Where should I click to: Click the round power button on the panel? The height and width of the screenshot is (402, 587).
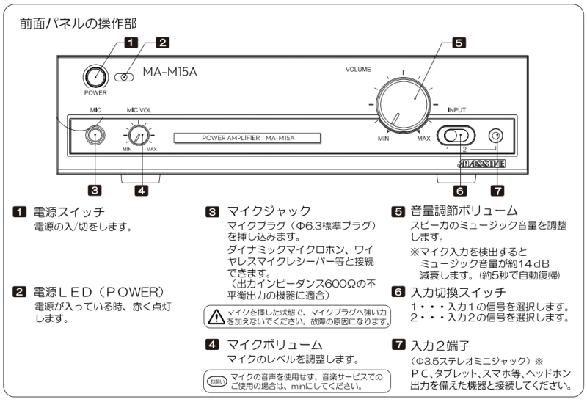[x=95, y=76]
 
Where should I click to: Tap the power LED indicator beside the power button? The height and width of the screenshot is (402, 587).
[x=128, y=76]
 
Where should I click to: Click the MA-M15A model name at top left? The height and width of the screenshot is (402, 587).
[x=169, y=72]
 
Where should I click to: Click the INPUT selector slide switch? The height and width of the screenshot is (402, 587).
[x=456, y=135]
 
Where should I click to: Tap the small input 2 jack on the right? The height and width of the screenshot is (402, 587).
[x=497, y=136]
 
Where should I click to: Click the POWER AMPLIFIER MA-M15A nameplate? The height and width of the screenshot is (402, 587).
[x=248, y=138]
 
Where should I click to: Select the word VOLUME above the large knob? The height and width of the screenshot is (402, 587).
[x=359, y=69]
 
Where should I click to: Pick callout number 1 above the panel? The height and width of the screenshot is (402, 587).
[x=131, y=43]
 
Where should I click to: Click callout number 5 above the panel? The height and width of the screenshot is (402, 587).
[x=458, y=43]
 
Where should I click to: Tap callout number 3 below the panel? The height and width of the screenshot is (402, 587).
[x=95, y=190]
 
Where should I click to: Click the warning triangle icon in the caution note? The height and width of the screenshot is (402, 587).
[x=216, y=316]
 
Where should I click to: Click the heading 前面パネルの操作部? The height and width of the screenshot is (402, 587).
[x=79, y=24]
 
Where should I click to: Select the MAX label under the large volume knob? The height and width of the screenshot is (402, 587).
[x=424, y=138]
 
